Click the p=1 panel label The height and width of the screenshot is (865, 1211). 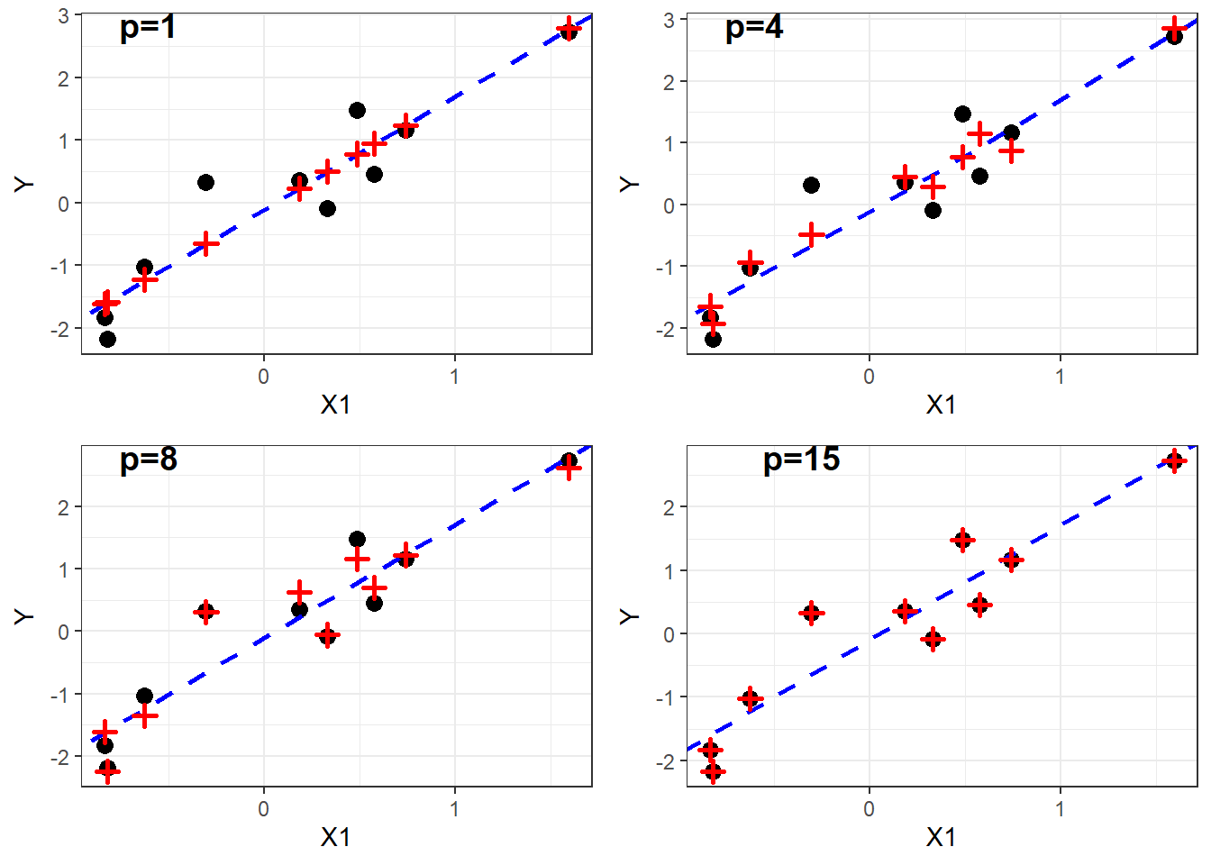[148, 28]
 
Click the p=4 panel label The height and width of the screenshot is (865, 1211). [753, 28]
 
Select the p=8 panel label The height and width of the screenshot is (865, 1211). [148, 460]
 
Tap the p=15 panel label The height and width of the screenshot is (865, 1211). [801, 460]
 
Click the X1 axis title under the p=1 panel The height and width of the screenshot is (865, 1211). [335, 405]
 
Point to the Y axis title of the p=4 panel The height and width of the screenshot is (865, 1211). [630, 184]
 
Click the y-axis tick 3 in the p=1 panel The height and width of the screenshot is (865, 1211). [63, 16]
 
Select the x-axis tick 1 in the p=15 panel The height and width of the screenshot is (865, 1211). [1060, 809]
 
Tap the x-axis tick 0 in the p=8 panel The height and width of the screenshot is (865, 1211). [263, 809]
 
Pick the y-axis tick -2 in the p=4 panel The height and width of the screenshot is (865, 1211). [668, 329]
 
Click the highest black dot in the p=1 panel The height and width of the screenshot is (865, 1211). [569, 30]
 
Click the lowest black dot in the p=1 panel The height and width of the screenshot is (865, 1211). [107, 339]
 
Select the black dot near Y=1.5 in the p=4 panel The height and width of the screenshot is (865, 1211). [962, 114]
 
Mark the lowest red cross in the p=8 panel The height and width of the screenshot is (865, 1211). [107, 771]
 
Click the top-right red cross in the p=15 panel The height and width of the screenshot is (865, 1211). [1173, 461]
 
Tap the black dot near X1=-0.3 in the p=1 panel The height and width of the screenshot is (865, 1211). [205, 182]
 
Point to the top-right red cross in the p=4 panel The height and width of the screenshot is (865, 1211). [1173, 30]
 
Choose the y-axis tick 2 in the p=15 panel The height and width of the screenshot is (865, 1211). [669, 507]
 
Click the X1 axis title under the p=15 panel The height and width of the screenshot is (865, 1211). [941, 838]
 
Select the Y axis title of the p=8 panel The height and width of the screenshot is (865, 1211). [24, 616]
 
